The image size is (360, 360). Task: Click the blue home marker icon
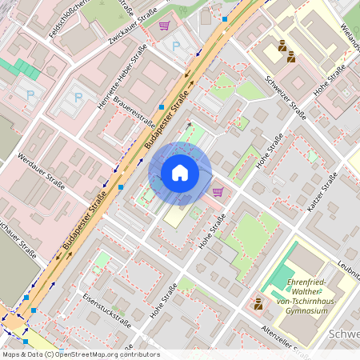tap(180, 173)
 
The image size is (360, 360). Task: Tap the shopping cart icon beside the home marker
tap(218, 191)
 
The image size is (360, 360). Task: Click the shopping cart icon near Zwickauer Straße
tap(164, 26)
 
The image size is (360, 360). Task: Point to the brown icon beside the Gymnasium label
tap(258, 303)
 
